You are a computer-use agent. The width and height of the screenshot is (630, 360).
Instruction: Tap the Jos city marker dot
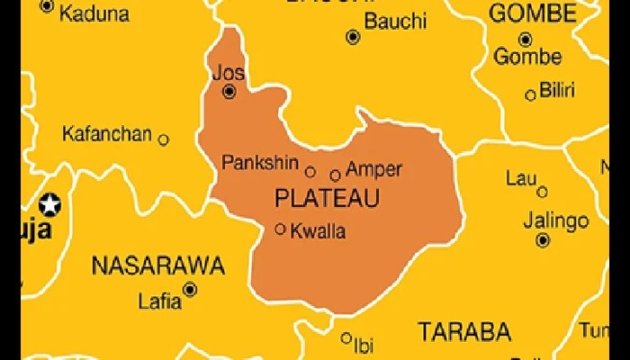(229, 91)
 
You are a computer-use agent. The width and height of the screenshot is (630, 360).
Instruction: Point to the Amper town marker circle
(336, 175)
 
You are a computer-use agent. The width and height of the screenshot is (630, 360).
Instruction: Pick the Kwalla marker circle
(281, 229)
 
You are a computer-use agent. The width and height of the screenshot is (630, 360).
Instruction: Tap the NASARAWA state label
(157, 265)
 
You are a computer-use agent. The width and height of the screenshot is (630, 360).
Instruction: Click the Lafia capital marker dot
(190, 289)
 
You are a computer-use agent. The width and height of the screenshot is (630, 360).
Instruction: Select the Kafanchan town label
(106, 135)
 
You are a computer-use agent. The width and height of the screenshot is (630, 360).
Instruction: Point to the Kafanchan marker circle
(163, 139)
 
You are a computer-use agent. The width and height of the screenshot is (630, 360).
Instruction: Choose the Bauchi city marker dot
(353, 37)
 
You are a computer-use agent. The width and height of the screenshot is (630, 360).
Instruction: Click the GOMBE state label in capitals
(532, 13)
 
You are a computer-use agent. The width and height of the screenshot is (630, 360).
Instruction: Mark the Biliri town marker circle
(530, 94)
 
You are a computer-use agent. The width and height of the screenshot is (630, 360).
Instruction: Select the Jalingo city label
(558, 220)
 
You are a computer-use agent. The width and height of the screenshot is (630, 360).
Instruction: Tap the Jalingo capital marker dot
(543, 240)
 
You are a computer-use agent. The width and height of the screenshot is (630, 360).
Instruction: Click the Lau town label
(520, 178)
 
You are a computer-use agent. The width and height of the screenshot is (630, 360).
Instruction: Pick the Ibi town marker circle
(346, 338)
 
